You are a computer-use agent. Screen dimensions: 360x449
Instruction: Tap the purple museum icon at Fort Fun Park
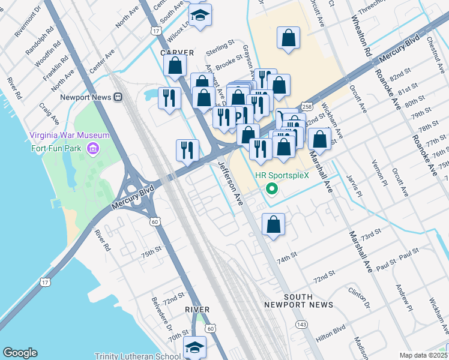coord(92,148)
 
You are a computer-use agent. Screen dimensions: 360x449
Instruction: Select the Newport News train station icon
coord(118,97)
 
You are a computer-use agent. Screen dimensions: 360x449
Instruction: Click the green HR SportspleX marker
coord(271,190)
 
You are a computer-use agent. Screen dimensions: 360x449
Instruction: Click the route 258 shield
coord(307,106)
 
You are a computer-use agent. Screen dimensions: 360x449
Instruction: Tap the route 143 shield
coord(301,324)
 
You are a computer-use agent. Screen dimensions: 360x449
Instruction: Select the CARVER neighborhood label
coord(178,53)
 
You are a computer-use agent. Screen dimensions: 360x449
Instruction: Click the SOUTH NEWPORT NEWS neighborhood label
coord(298,301)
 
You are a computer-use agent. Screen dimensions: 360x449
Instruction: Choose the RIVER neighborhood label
coord(197,310)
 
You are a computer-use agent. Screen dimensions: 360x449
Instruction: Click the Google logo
coord(20,353)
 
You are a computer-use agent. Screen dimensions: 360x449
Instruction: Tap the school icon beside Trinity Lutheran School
coord(194,347)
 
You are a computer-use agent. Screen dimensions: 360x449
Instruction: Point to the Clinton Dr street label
coord(360,298)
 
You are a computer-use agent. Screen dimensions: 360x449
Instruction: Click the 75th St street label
coord(151,251)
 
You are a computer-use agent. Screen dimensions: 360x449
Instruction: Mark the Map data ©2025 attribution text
coord(423,355)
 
